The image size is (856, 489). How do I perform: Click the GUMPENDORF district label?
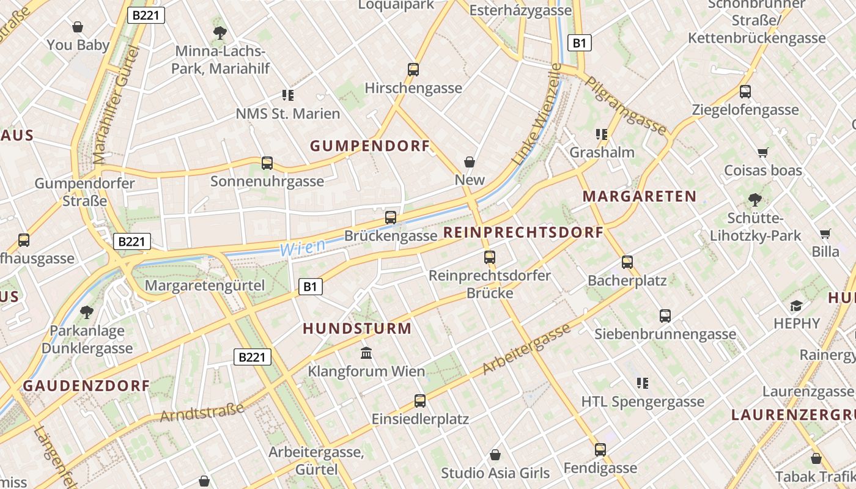pyautogui.click(x=370, y=145)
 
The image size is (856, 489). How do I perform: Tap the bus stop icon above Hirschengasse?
pyautogui.click(x=413, y=70)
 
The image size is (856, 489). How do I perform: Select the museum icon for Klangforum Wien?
pyautogui.click(x=366, y=353)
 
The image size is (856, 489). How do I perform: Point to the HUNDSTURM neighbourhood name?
pyautogui.click(x=357, y=328)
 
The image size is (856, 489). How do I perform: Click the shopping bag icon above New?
pyautogui.click(x=470, y=162)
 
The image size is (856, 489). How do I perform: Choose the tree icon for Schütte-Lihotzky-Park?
pyautogui.click(x=755, y=199)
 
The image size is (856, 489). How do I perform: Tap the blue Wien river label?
pyautogui.click(x=302, y=247)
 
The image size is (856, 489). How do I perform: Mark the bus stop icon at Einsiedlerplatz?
pyautogui.click(x=420, y=401)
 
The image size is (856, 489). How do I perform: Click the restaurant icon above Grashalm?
pyautogui.click(x=602, y=134)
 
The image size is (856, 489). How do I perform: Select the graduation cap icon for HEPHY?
pyautogui.click(x=796, y=305)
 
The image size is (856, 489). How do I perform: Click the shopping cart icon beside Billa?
pyautogui.click(x=825, y=233)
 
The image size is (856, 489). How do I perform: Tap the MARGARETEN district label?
pyautogui.click(x=639, y=196)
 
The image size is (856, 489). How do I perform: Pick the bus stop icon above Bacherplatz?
pyautogui.click(x=627, y=262)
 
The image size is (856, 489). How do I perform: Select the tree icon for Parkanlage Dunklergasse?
pyautogui.click(x=87, y=312)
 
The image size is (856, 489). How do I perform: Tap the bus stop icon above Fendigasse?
pyautogui.click(x=600, y=450)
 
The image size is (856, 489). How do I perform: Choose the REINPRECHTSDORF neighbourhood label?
pyautogui.click(x=523, y=232)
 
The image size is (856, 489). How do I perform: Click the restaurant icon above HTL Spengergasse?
pyautogui.click(x=642, y=383)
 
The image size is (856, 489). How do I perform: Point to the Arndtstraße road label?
pyautogui.click(x=202, y=413)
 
